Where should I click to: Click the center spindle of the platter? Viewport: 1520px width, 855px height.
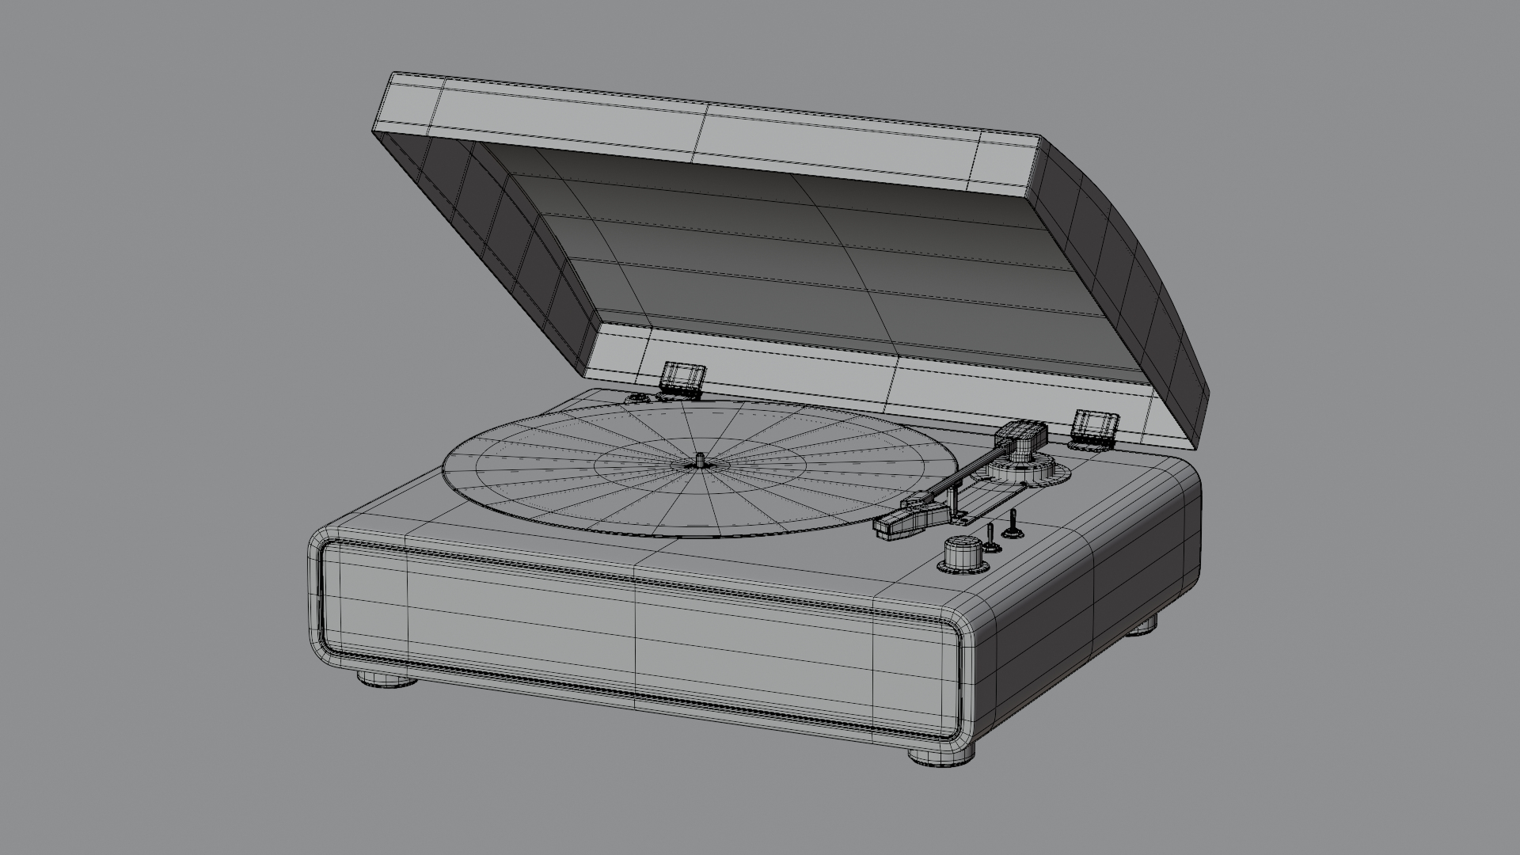(701, 461)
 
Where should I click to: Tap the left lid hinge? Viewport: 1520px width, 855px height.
(682, 378)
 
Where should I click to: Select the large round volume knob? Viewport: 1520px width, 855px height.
(959, 553)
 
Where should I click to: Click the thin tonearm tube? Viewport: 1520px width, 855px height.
(966, 475)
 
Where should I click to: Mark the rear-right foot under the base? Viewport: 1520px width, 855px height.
(1142, 628)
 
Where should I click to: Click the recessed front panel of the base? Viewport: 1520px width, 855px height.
(633, 625)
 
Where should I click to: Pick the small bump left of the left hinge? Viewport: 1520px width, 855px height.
(638, 398)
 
